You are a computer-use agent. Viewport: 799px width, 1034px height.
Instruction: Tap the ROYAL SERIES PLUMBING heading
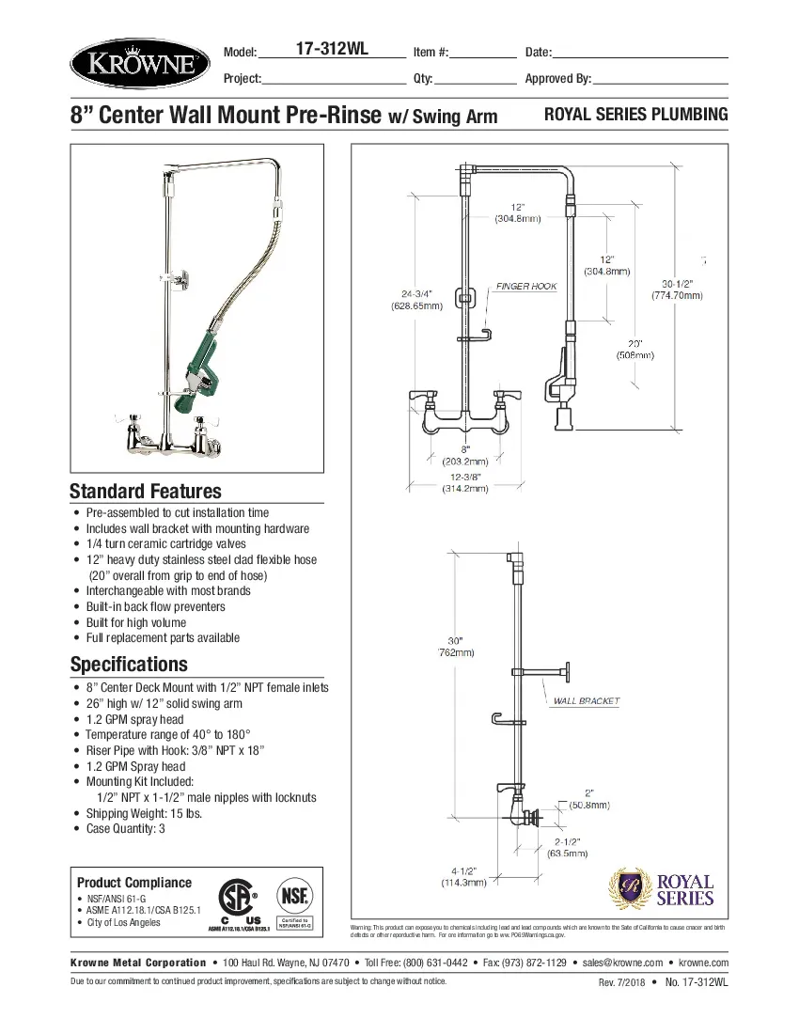[x=636, y=115]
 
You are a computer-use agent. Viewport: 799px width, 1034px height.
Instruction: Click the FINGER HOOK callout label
[x=526, y=286]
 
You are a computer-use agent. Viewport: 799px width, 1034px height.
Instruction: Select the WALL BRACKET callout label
[x=586, y=701]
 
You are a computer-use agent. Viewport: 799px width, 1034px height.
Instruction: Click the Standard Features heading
[x=146, y=491]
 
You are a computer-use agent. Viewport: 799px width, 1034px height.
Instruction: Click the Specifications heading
[x=129, y=665]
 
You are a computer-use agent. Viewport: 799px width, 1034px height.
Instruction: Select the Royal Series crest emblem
[x=627, y=888]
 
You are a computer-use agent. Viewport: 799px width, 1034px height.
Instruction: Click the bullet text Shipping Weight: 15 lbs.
[x=144, y=813]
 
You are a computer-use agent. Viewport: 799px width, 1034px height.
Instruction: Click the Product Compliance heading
[x=133, y=883]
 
